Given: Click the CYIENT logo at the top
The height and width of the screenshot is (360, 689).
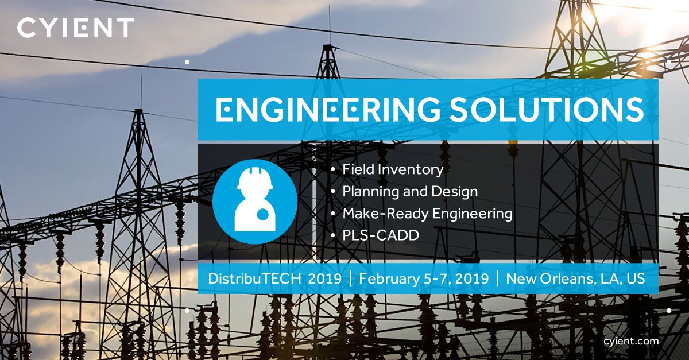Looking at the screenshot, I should (x=76, y=28).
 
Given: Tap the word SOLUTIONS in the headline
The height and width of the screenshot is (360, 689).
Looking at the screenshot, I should (x=547, y=110).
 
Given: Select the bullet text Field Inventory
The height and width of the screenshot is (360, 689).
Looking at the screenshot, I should (x=393, y=170).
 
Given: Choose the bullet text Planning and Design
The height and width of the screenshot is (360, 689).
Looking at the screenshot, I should (x=410, y=191).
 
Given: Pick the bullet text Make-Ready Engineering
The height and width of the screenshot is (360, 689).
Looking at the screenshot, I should (x=427, y=214).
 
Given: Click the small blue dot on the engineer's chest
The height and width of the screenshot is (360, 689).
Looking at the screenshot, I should (x=262, y=215).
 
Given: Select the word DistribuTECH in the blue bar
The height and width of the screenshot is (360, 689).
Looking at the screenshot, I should (x=255, y=278).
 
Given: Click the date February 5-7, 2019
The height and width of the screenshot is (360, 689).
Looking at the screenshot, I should (x=424, y=278).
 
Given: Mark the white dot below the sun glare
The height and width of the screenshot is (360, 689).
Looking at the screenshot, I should (x=669, y=61).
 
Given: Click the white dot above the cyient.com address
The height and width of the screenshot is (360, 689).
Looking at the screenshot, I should (x=669, y=310).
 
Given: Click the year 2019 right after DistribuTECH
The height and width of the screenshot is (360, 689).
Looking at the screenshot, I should (x=324, y=278).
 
